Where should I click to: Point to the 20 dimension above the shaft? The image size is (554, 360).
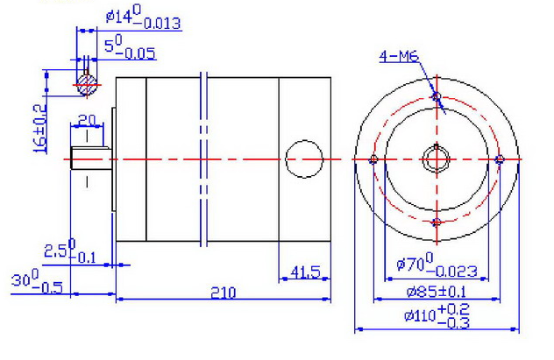87,120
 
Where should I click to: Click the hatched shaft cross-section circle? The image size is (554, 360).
87,83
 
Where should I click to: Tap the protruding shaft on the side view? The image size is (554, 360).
90,159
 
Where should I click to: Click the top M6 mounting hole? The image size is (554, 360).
436,95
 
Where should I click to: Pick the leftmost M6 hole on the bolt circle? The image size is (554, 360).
373,159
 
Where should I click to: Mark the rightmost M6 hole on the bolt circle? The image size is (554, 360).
499,159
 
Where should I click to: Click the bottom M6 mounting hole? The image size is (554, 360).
436,222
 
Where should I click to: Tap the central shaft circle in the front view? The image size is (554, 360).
436,159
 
